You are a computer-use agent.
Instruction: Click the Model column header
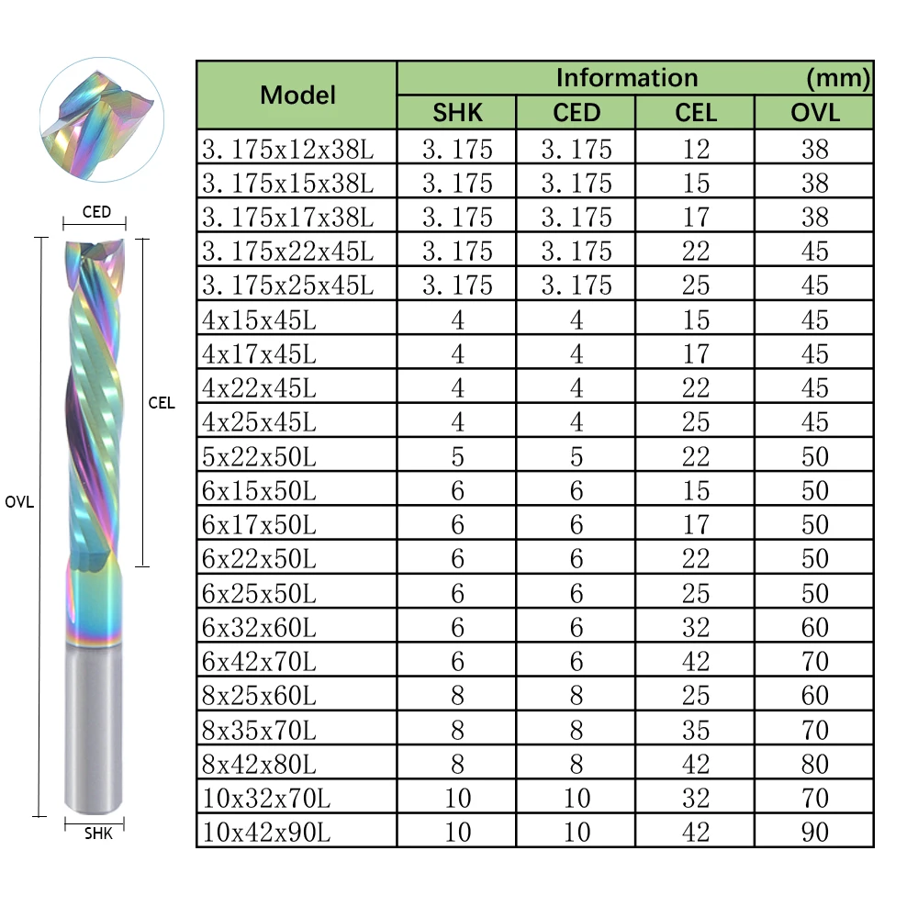[297, 95]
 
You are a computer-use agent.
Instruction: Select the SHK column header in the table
[457, 113]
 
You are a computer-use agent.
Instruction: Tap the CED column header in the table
[576, 113]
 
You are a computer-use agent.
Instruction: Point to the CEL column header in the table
[695, 113]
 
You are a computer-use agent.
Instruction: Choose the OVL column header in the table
[814, 113]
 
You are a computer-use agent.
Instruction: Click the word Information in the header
[627, 78]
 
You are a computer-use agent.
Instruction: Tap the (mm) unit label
[837, 78]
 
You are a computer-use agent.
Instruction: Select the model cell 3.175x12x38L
[288, 149]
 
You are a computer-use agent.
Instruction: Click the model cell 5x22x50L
[259, 456]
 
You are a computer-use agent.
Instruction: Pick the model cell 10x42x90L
[266, 832]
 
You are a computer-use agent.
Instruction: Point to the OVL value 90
[814, 832]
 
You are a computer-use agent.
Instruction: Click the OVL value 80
[814, 764]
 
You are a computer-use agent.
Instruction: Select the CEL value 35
[696, 730]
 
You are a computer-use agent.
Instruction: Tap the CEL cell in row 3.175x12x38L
[696, 149]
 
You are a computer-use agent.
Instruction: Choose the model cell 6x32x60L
[259, 627]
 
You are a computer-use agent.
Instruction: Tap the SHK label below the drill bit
[97, 834]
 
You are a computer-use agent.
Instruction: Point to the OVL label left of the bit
[19, 502]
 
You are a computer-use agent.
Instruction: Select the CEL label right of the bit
[161, 402]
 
